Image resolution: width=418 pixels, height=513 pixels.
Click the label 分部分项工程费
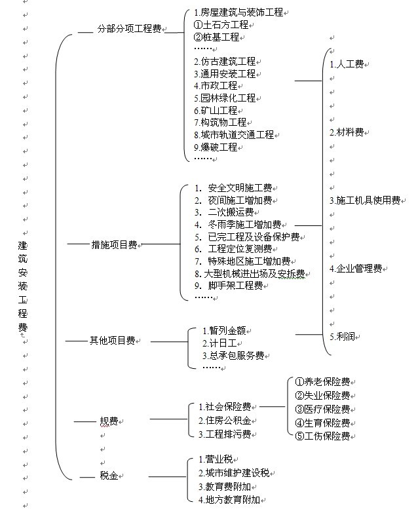(x=129, y=29)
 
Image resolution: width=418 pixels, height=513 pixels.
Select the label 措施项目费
(x=114, y=244)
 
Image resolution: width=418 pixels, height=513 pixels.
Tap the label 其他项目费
(x=113, y=341)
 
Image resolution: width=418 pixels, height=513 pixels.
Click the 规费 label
(x=109, y=421)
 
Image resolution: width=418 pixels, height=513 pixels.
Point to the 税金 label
(x=109, y=476)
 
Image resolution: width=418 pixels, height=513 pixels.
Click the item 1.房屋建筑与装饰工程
(x=238, y=12)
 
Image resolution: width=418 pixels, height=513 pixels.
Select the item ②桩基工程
(x=216, y=37)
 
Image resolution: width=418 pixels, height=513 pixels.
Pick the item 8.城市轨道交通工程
(x=234, y=134)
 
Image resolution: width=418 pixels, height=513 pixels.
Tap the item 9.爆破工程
(x=216, y=147)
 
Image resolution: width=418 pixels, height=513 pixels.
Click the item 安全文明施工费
(x=240, y=188)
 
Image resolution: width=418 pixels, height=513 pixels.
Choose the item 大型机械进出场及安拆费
(x=254, y=273)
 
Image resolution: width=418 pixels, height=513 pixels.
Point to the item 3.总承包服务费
(x=233, y=355)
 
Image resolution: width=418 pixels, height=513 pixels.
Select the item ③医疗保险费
(x=322, y=409)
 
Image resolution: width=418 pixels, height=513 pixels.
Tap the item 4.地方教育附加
(x=229, y=500)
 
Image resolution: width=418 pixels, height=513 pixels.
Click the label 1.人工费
(x=347, y=64)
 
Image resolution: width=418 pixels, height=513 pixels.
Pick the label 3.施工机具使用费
(x=365, y=200)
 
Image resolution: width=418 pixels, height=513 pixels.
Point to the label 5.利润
(x=342, y=336)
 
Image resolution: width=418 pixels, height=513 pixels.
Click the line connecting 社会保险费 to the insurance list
(x=272, y=407)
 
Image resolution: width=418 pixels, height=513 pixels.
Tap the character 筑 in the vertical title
(x=22, y=258)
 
